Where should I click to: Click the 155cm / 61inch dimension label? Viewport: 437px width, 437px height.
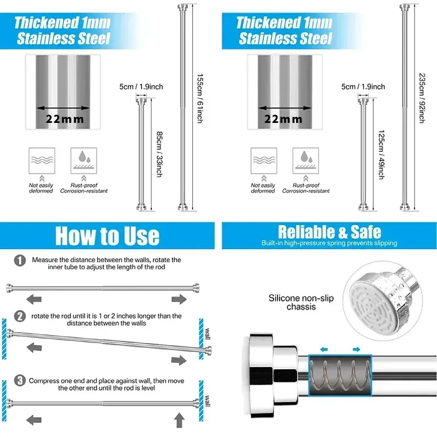(x=200, y=98)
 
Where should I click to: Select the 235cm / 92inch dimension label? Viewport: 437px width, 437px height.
(x=422, y=98)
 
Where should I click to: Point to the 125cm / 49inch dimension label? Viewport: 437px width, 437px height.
(x=381, y=155)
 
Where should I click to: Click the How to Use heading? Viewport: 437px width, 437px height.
(x=107, y=235)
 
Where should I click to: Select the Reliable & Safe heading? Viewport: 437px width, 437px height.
(x=329, y=232)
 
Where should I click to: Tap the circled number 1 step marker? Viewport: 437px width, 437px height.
(x=20, y=261)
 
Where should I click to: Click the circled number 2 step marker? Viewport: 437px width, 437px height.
(x=20, y=316)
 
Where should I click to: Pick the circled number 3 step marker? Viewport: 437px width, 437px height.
(x=20, y=380)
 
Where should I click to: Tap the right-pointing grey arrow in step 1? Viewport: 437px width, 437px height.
(x=179, y=299)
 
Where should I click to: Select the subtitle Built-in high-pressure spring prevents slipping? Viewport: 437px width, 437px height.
(x=329, y=243)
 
